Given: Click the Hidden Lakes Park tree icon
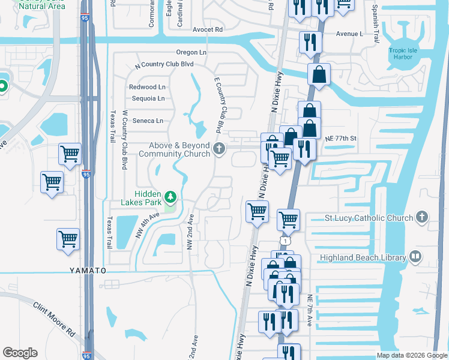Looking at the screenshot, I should (171, 197).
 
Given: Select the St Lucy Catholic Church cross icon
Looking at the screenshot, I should (423, 217).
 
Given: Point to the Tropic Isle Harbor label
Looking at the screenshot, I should (405, 55).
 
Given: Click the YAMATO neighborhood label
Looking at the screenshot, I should (87, 271).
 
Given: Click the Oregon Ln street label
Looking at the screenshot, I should (191, 52).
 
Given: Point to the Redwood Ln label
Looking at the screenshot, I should (146, 87).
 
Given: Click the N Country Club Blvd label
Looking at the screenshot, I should (165, 64).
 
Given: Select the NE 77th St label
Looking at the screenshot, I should (340, 138).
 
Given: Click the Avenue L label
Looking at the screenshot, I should (350, 34).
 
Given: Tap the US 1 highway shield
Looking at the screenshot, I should (289, 239).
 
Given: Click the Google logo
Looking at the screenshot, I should (20, 353).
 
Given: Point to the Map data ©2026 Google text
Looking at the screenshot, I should (411, 355).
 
